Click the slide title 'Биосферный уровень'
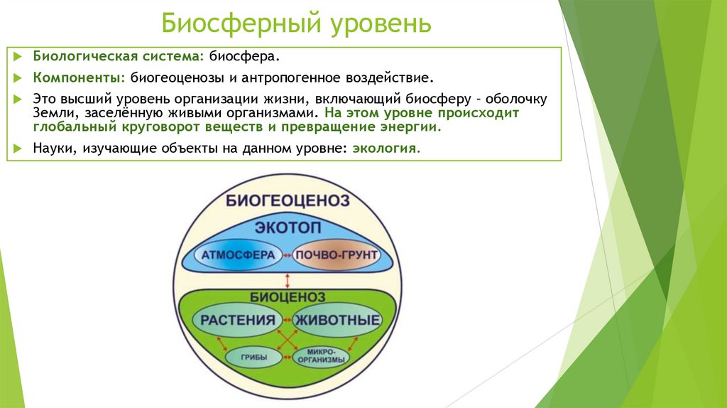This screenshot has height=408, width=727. click(x=296, y=23)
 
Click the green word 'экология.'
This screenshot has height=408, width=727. click(x=386, y=149)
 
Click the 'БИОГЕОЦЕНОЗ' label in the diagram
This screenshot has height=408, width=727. click(x=288, y=200)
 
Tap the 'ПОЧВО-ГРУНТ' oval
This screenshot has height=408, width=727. click(x=336, y=254)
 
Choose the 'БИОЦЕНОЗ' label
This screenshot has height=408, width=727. click(x=287, y=296)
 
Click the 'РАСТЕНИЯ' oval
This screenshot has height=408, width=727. click(x=237, y=320)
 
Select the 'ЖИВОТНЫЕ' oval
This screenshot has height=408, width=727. click(x=337, y=320)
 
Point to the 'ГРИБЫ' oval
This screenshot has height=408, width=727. click(x=253, y=356)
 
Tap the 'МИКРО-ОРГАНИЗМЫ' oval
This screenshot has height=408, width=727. click(x=322, y=356)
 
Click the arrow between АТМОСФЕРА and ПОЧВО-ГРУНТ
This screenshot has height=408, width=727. click(x=286, y=254)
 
